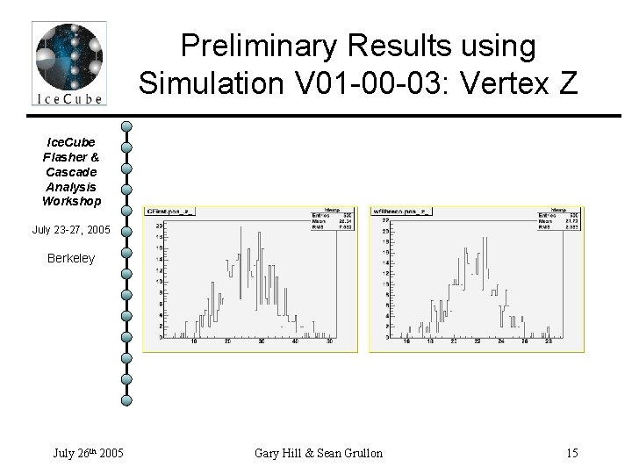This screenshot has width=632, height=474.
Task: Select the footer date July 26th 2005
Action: coord(87,453)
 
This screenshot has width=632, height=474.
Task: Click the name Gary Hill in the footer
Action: coord(282,453)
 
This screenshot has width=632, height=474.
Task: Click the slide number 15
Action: coord(571,453)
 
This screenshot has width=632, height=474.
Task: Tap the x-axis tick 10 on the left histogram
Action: coord(194,342)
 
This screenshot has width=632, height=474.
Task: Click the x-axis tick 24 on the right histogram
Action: coord(500,342)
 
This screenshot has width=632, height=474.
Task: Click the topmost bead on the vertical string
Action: coord(126,126)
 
